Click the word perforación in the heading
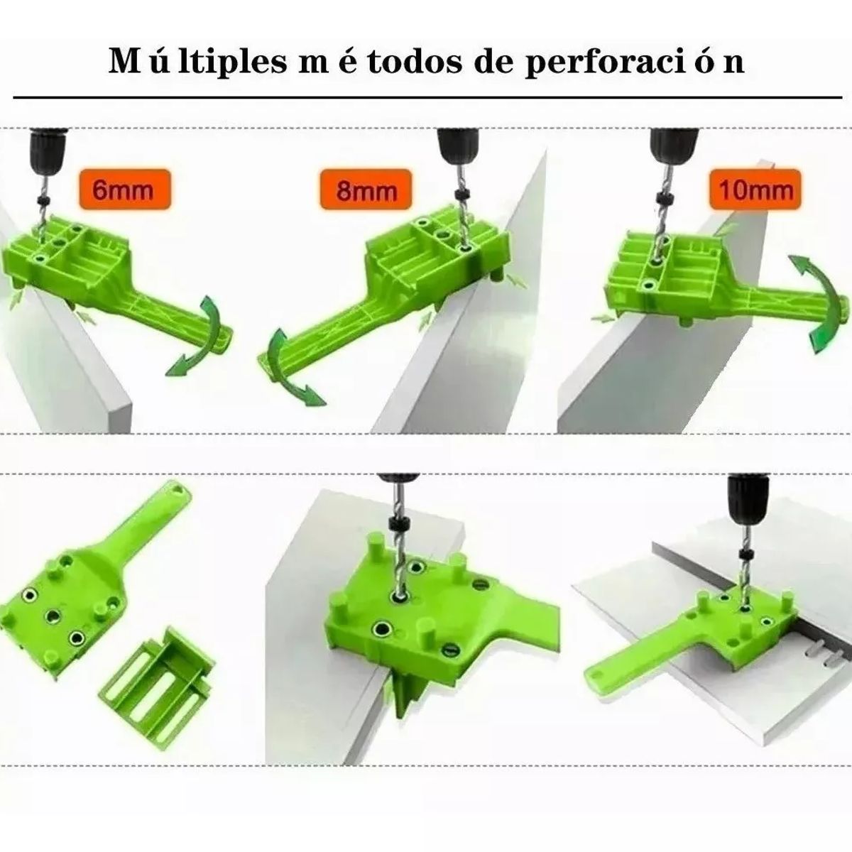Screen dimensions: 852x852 click(626, 62)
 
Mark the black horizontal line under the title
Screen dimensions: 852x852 click(426, 94)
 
